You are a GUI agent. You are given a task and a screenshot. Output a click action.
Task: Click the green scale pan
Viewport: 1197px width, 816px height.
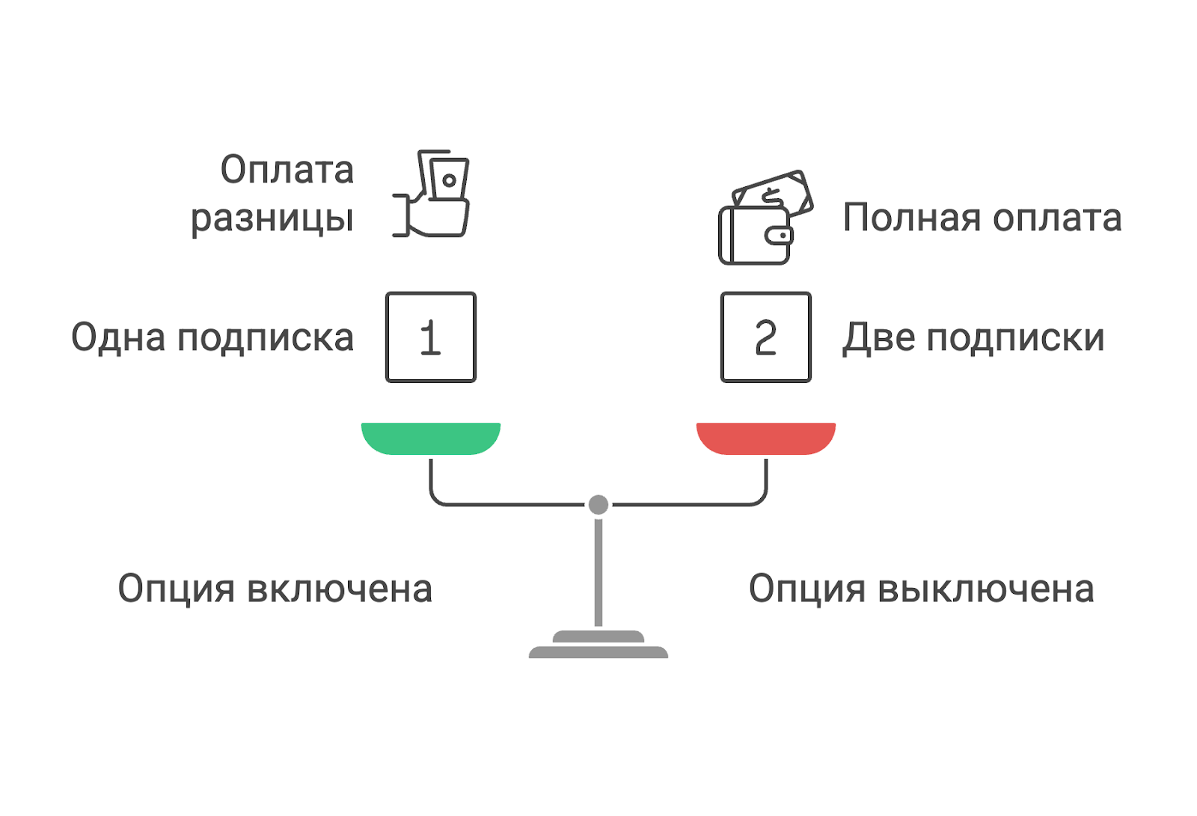430,438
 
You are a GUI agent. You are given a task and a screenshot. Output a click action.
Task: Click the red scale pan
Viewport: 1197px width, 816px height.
765,438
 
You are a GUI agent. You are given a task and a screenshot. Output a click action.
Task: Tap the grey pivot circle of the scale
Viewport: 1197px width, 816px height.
598,505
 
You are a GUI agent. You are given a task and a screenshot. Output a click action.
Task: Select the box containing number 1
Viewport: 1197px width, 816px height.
430,337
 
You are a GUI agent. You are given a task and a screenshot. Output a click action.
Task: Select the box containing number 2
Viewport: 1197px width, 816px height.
765,337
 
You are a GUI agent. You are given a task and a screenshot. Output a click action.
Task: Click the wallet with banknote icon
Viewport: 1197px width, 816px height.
763,218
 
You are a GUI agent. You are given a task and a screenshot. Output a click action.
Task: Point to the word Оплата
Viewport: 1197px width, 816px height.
287,170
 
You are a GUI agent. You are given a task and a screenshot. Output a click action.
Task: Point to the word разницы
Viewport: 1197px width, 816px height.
272,218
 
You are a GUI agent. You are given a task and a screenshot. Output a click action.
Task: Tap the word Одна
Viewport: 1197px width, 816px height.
117,337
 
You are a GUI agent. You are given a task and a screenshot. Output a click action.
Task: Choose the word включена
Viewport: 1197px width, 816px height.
340,589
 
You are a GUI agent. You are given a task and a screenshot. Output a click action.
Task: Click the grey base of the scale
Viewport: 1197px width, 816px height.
598,647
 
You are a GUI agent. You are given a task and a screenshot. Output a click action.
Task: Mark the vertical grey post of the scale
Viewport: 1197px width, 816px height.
598,572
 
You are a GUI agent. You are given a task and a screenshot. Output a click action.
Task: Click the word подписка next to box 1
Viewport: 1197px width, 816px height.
265,339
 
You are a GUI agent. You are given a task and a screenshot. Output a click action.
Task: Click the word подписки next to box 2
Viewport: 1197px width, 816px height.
1015,339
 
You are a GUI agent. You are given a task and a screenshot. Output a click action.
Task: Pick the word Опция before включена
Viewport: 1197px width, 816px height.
177,589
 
